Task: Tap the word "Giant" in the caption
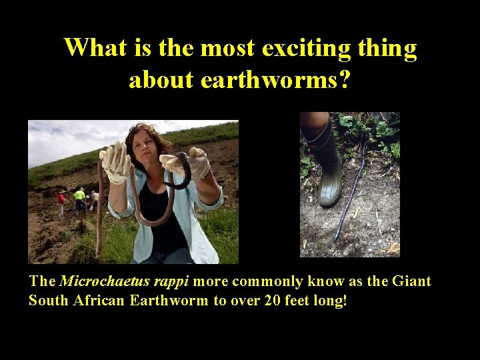tap(411, 281)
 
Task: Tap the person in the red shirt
tap(62, 202)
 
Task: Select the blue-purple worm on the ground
tap(351, 193)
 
